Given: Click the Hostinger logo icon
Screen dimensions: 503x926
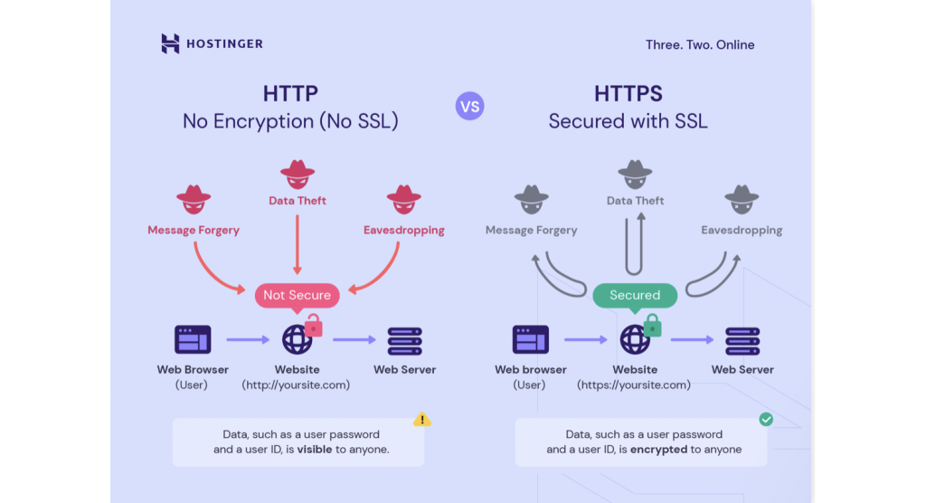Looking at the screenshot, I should pyautogui.click(x=170, y=43).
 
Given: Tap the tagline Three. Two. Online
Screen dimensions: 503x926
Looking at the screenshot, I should pyautogui.click(x=699, y=45).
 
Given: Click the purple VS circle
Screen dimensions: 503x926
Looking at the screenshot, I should pyautogui.click(x=469, y=107).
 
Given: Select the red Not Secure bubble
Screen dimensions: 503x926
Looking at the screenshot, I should pyautogui.click(x=298, y=295).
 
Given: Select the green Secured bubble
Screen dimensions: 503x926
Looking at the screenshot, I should pyautogui.click(x=634, y=295).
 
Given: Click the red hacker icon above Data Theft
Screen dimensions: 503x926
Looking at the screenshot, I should pyautogui.click(x=298, y=173).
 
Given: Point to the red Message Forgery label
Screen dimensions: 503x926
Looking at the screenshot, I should pyautogui.click(x=194, y=230).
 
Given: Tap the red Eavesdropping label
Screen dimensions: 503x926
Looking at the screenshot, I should pyautogui.click(x=403, y=230).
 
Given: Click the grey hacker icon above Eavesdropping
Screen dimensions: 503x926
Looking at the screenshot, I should pyautogui.click(x=742, y=196).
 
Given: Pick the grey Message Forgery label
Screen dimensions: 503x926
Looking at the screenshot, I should pyautogui.click(x=531, y=230).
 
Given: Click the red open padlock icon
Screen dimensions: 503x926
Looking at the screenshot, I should pyautogui.click(x=314, y=325).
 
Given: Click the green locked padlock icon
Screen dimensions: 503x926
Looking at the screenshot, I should pyautogui.click(x=652, y=325).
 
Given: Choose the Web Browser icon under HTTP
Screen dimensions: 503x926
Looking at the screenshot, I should pyautogui.click(x=193, y=339).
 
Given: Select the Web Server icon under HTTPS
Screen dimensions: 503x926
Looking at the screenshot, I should pyautogui.click(x=742, y=340).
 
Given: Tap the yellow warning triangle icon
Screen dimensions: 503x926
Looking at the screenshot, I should pyautogui.click(x=422, y=420).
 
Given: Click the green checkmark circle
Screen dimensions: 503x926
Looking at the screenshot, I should pyautogui.click(x=766, y=420).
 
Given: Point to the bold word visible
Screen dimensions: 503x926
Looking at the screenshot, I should pyautogui.click(x=315, y=450).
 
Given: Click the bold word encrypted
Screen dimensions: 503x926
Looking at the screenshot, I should pyautogui.click(x=658, y=450).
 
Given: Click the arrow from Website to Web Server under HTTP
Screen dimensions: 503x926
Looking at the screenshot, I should pyautogui.click(x=354, y=340).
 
